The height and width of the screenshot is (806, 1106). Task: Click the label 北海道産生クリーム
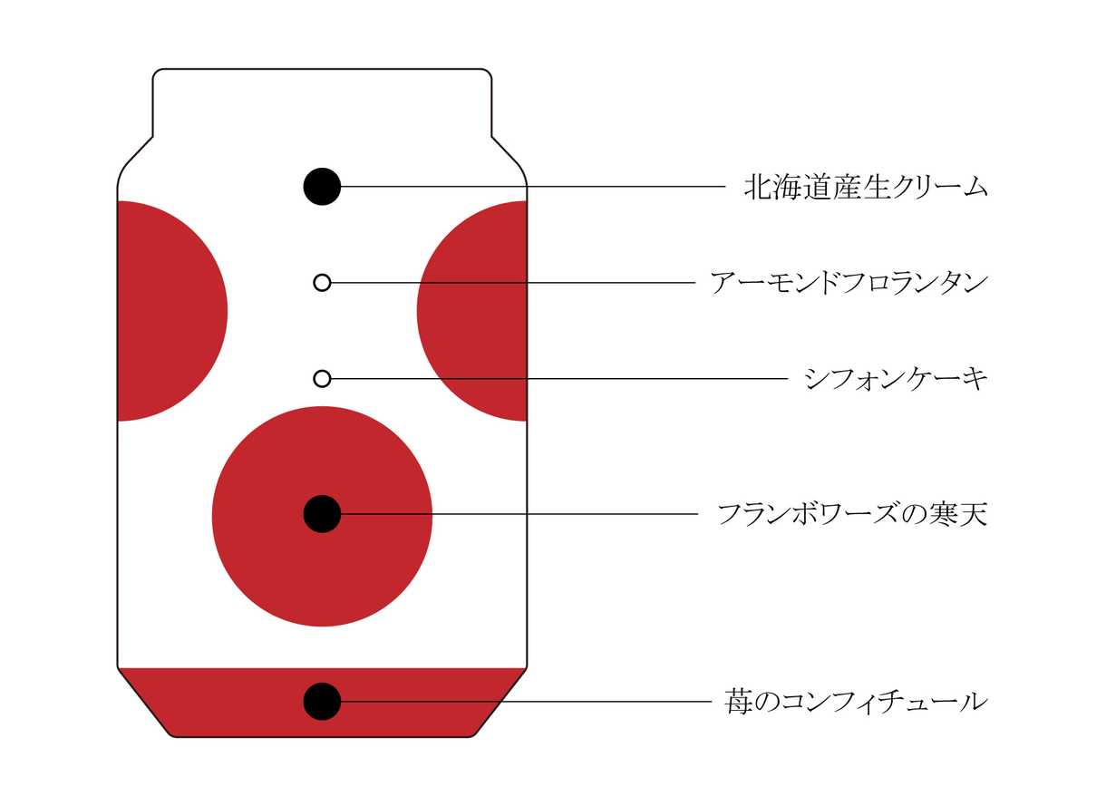coord(866,187)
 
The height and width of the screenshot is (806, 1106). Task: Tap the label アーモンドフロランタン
coord(849,284)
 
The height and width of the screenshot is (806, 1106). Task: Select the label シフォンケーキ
coord(896,379)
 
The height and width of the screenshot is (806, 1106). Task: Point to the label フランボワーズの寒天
coord(853,515)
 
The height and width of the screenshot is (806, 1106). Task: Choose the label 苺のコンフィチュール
coord(856,702)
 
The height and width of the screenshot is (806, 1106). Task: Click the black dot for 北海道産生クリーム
coord(322,187)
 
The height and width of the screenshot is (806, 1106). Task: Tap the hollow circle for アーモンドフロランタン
coord(322,283)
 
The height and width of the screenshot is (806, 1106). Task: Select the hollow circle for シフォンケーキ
coord(322,379)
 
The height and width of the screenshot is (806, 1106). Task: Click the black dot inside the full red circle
coord(322,514)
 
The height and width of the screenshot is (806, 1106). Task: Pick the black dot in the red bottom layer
coord(322,702)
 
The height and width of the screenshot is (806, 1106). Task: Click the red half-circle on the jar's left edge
coord(172,311)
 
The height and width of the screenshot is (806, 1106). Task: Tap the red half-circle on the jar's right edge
coord(471,311)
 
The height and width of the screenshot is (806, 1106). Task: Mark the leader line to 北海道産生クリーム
coord(533,187)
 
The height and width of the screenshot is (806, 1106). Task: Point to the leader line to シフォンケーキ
coord(559,379)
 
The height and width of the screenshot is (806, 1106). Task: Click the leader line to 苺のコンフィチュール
coord(526,702)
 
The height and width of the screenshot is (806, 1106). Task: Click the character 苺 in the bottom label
coord(739,702)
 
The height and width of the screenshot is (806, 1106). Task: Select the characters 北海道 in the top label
coord(788,187)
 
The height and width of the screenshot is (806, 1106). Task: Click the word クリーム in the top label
coord(939,187)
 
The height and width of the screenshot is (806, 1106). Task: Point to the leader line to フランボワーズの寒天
coord(519,514)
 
